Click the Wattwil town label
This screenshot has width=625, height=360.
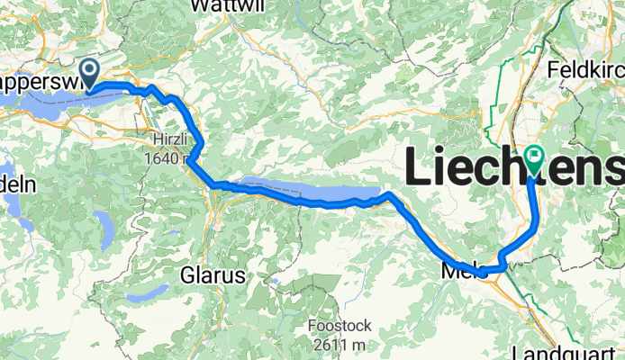219,5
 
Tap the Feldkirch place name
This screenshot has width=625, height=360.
585,68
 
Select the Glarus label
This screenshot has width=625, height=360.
213,276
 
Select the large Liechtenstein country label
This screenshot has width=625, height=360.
514,168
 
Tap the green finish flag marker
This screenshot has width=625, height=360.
534,159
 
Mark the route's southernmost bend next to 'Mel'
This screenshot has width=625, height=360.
484,272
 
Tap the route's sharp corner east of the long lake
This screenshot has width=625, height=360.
388,193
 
